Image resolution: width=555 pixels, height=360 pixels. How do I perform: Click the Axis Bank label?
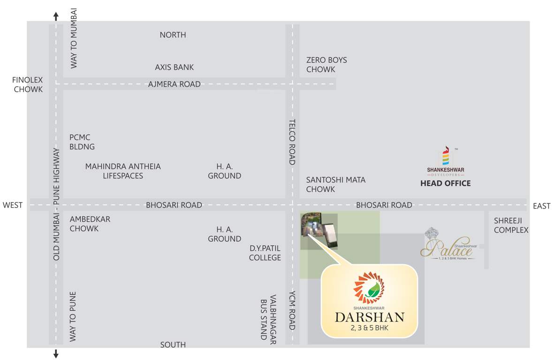pyautogui.click(x=174, y=67)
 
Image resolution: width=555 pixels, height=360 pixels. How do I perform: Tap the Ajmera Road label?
pyautogui.click(x=174, y=84)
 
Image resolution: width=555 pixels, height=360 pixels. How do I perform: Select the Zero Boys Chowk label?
pyautogui.click(x=327, y=65)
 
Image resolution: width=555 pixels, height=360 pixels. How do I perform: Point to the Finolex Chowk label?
pyautogui.click(x=28, y=84)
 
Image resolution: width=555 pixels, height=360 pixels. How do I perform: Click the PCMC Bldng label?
pyautogui.click(x=82, y=142)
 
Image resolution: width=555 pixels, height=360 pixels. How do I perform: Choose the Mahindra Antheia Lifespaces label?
pyautogui.click(x=123, y=171)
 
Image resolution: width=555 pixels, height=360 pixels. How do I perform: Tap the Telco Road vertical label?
pyautogui.click(x=292, y=142)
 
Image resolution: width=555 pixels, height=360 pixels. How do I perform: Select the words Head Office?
pyautogui.click(x=445, y=183)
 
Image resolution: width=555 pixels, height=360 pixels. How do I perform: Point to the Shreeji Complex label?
pyautogui.click(x=511, y=225)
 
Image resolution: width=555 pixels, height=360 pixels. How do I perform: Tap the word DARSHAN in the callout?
pyautogui.click(x=369, y=317)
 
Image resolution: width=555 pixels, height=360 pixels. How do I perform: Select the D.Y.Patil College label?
pyautogui.click(x=265, y=253)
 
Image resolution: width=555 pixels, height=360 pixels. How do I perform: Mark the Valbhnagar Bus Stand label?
pyautogui.click(x=268, y=319)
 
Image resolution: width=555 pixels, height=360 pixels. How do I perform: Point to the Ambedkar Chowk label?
pyautogui.click(x=90, y=224)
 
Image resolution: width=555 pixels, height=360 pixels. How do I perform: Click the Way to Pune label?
pyautogui.click(x=73, y=316)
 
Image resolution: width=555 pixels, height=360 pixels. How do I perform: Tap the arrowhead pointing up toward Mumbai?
pyautogui.click(x=56, y=17)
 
